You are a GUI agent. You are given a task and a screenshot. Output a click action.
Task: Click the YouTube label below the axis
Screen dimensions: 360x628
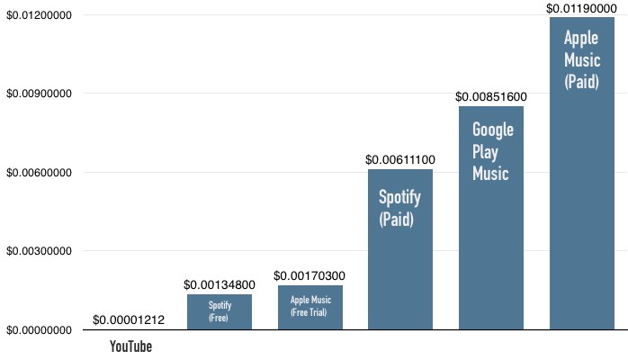click(x=130, y=346)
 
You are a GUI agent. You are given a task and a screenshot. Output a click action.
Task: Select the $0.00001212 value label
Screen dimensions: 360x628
click(x=130, y=320)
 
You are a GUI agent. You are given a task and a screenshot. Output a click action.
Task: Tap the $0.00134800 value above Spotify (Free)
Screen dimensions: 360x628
click(x=220, y=284)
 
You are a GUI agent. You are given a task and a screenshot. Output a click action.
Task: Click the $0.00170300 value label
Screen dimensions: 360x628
click(x=310, y=275)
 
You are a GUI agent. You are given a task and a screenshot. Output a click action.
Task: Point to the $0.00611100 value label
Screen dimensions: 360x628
click(x=399, y=159)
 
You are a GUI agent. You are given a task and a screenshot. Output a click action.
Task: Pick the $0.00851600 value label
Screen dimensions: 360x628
click(x=490, y=96)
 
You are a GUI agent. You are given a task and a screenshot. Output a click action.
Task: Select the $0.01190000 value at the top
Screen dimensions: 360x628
click(x=580, y=8)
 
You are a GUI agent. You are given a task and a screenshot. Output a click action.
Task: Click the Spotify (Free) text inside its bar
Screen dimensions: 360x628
click(x=220, y=311)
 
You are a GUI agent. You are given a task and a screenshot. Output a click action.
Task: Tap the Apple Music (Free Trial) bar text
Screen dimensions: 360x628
click(x=310, y=306)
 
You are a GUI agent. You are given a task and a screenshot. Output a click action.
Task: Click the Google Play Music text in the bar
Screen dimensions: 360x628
click(x=492, y=151)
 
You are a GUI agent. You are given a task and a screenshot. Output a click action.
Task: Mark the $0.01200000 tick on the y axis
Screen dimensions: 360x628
click(x=40, y=15)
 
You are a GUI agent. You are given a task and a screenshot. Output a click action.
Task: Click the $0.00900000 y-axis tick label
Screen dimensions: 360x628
click(x=40, y=94)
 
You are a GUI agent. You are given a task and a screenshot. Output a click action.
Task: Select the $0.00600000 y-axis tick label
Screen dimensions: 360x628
click(x=40, y=173)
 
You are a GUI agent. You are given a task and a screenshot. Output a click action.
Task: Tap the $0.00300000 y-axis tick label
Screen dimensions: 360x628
click(x=40, y=251)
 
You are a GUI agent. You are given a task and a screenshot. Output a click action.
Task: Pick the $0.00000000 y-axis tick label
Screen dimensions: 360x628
click(x=40, y=330)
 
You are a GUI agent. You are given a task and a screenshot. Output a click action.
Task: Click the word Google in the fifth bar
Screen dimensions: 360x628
click(x=493, y=130)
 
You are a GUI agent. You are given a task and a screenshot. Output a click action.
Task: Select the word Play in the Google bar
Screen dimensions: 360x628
click(x=487, y=151)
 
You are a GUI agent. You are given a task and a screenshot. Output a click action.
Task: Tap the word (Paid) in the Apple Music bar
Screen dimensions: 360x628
click(x=580, y=81)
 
